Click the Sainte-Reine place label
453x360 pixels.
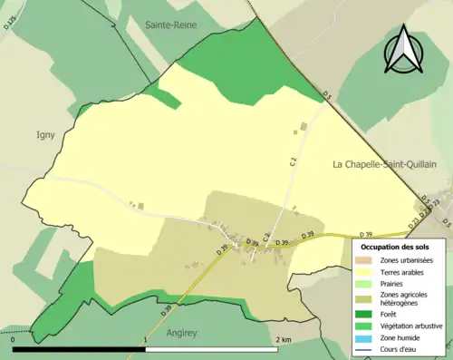pyautogui.click(x=172, y=26)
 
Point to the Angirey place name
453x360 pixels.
pyautogui.click(x=185, y=333)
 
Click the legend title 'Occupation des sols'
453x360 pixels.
pyautogui.click(x=395, y=246)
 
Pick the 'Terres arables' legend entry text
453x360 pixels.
pyautogui.click(x=405, y=272)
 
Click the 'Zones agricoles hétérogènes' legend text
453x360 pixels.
pyautogui.click(x=405, y=298)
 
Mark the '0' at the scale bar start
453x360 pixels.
pyautogui.click(x=13, y=339)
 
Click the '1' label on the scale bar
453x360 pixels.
pyautogui.click(x=146, y=339)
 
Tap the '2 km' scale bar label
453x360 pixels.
pyautogui.click(x=283, y=339)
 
